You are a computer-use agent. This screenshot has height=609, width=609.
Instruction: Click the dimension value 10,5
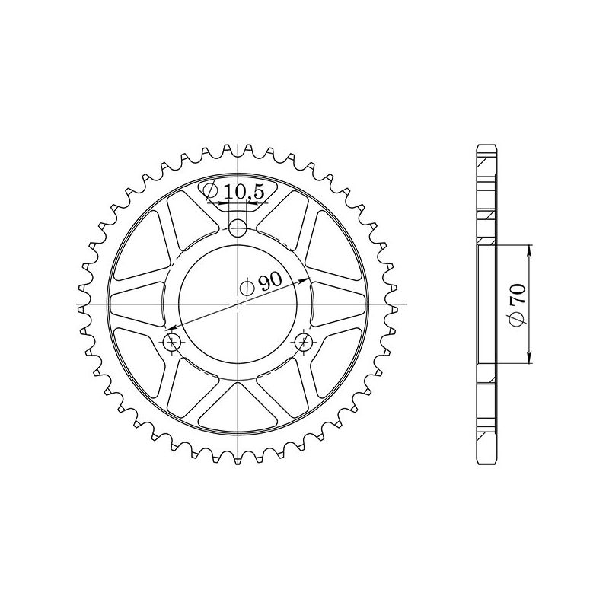(x=244, y=193)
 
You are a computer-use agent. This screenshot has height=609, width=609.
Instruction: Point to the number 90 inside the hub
(x=269, y=282)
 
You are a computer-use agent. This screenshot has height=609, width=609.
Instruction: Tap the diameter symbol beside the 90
(x=247, y=288)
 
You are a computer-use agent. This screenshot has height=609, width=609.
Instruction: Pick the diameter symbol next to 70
(x=518, y=319)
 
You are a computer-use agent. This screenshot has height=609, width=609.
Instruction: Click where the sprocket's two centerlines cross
(x=239, y=304)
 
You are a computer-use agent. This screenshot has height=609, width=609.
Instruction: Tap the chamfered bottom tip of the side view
(x=486, y=461)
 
